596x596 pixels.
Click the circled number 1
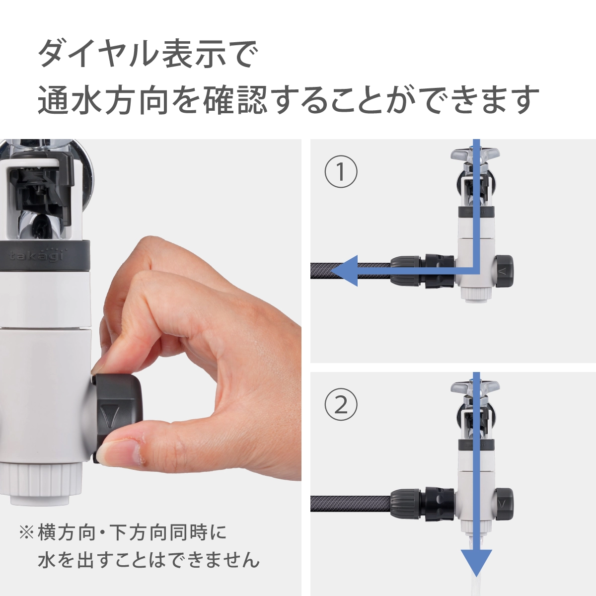[x=341, y=171]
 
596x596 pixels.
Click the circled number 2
[x=341, y=404]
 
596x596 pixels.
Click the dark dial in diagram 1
[x=505, y=271]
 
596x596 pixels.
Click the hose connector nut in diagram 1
[x=405, y=271]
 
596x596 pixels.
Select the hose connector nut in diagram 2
[x=405, y=504]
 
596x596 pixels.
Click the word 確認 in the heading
[x=235, y=100]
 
